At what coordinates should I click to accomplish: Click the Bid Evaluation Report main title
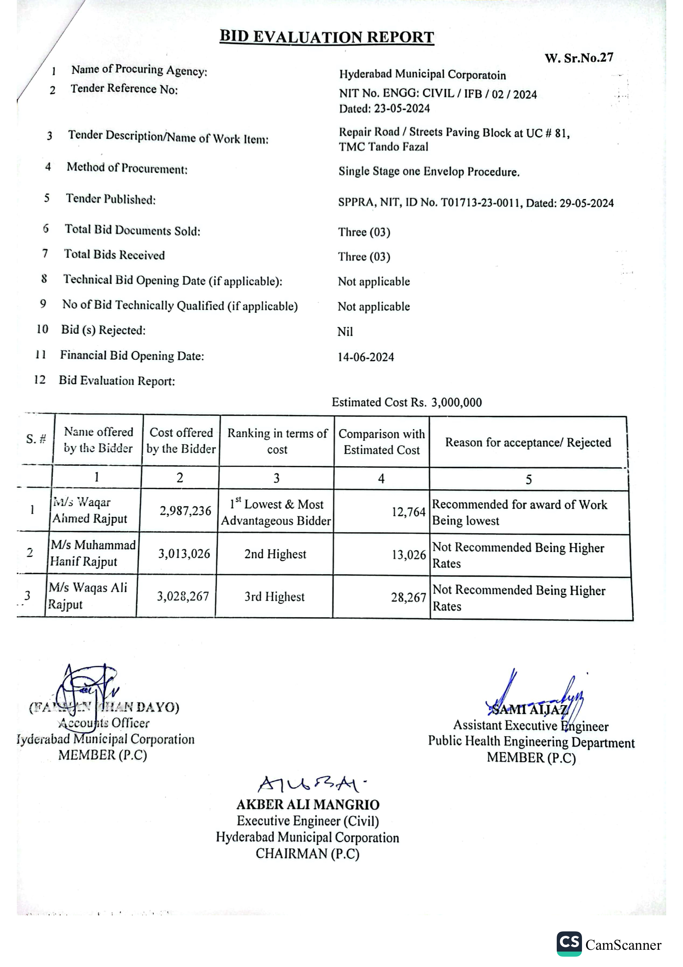pos(326,37)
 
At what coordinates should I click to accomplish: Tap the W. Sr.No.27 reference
pos(579,58)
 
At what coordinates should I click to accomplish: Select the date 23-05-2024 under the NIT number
pos(402,109)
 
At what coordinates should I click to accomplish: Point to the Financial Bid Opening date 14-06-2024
pos(365,357)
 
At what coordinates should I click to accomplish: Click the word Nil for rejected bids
pos(345,332)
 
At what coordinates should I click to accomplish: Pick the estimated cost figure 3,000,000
pos(456,402)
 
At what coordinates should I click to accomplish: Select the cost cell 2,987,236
pos(185,511)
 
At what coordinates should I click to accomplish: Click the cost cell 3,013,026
pos(184,554)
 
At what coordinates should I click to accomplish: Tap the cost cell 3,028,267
pos(183,596)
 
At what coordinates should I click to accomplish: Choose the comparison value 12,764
pos(408,512)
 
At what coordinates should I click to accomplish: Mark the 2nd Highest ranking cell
pos(275,554)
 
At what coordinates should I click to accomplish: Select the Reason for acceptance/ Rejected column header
pos(528,443)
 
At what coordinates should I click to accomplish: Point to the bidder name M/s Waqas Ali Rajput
pos(88,596)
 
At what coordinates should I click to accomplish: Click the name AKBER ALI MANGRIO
pos(308,805)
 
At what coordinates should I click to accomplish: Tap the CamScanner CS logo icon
pos(569,944)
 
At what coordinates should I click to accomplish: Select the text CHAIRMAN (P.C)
pos(307,853)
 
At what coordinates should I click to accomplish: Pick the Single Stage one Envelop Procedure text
pos(429,172)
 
